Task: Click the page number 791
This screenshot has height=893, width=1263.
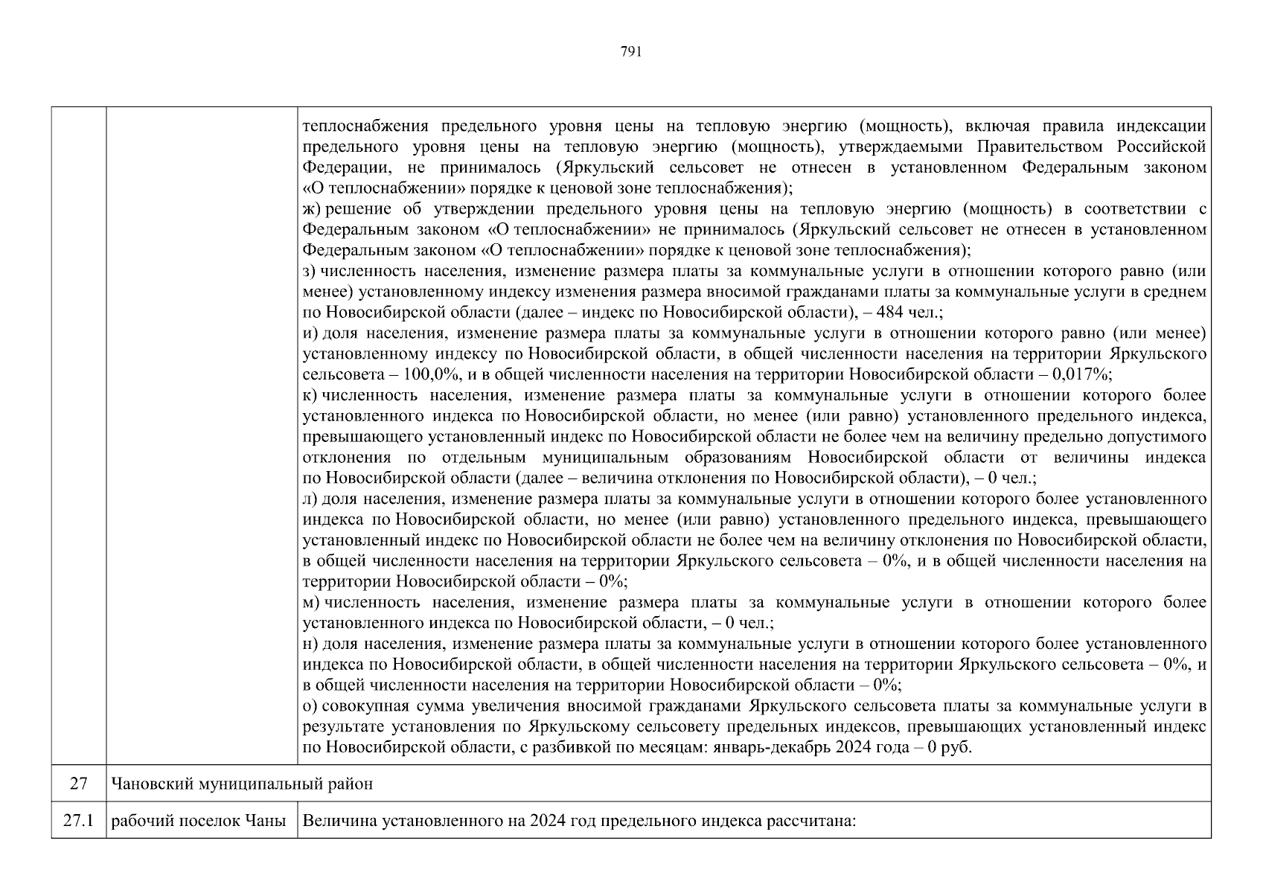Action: [630, 51]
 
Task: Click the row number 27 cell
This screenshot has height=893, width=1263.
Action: [79, 784]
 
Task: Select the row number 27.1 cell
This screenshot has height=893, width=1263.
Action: [79, 821]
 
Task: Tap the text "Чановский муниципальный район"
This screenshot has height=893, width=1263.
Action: [242, 784]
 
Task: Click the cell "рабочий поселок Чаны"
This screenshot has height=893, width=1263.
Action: [199, 821]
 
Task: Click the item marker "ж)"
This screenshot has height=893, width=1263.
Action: [312, 209]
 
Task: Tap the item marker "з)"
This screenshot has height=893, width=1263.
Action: [310, 271]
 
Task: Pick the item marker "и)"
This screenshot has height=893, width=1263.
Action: [311, 333]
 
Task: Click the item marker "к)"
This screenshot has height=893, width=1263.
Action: [310, 395]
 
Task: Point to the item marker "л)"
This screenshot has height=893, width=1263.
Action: [311, 499]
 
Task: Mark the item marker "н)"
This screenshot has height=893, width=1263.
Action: [311, 644]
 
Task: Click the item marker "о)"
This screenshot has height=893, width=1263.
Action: [310, 705]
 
